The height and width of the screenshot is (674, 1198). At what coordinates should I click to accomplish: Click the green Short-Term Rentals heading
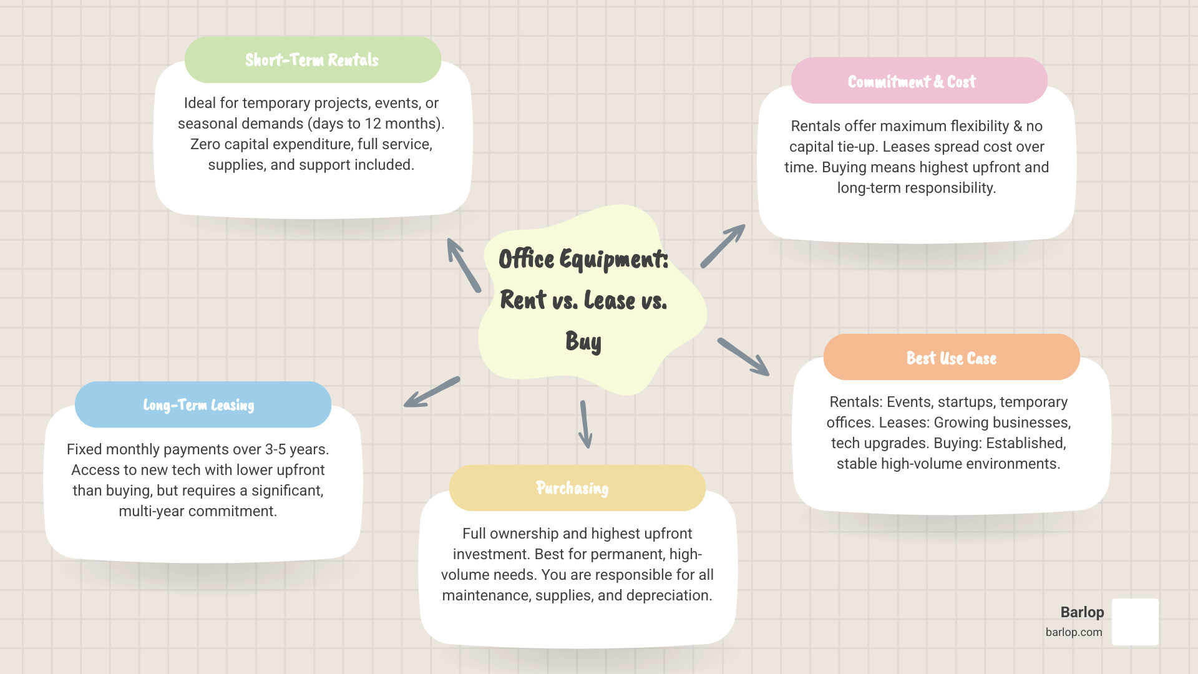[x=312, y=60]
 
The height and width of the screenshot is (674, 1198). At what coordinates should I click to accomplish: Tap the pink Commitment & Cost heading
[x=912, y=82]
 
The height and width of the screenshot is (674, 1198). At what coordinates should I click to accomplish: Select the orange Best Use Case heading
[x=951, y=358]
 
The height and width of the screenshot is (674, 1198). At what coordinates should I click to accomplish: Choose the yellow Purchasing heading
[x=572, y=488]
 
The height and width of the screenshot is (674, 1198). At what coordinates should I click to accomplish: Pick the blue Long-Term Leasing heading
[x=198, y=405]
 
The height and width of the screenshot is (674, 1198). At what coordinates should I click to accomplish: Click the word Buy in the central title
[x=583, y=341]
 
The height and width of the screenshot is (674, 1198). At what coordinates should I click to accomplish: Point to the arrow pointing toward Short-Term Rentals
[x=463, y=265]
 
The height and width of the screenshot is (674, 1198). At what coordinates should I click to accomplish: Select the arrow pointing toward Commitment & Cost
[x=723, y=246]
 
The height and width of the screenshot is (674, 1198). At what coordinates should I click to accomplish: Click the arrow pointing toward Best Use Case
[x=744, y=357]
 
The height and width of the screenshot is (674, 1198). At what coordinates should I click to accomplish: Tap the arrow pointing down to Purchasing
[x=585, y=424]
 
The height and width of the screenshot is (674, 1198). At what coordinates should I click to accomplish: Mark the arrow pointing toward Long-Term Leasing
[x=432, y=392]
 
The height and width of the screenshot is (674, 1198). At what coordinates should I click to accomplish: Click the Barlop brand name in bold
[x=1082, y=612]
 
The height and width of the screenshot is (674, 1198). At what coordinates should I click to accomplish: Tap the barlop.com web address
[x=1074, y=632]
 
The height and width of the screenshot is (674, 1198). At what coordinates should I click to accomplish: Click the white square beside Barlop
[x=1135, y=622]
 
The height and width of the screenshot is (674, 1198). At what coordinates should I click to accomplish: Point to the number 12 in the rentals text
[x=373, y=124]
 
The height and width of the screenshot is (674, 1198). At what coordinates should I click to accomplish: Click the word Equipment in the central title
[x=614, y=260]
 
